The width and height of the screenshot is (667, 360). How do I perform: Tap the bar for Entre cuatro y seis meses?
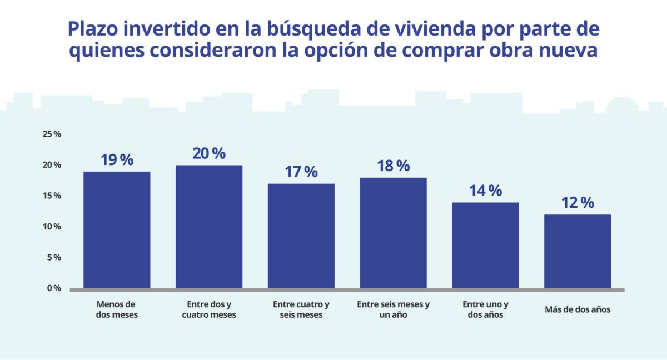[x=301, y=236]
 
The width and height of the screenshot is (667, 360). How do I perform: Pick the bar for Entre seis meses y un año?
[x=394, y=233]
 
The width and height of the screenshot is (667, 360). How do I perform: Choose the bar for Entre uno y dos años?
[x=485, y=245]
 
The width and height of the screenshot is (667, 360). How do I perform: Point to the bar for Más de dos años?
[x=578, y=251]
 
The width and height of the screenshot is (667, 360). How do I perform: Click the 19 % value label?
[x=117, y=160]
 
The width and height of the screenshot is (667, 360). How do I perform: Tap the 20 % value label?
[x=209, y=153]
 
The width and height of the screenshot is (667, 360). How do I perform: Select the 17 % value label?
[x=301, y=172]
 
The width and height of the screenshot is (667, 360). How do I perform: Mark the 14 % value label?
[x=485, y=191]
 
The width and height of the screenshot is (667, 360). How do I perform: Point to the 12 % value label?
[x=578, y=203]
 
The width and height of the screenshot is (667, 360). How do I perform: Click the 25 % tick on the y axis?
[x=52, y=134]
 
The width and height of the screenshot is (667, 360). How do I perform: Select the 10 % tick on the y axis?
[x=52, y=227]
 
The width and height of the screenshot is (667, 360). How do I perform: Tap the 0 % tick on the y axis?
[x=53, y=288]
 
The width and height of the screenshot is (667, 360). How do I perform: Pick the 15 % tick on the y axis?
[x=52, y=196]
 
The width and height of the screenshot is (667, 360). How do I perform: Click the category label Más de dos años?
[x=578, y=310]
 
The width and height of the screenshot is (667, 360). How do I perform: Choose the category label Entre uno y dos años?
[x=485, y=310]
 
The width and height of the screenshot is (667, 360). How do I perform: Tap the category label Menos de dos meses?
[x=117, y=310]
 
